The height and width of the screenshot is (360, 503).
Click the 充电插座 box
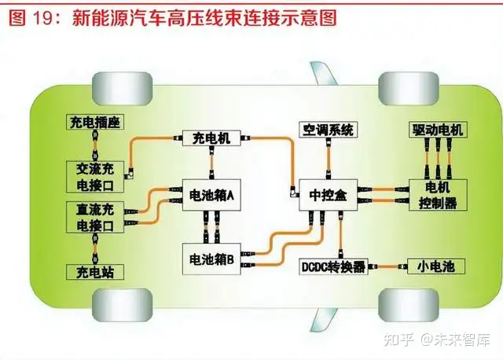pyautogui.click(x=95, y=122)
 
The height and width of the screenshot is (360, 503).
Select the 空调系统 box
pyautogui.click(x=328, y=129)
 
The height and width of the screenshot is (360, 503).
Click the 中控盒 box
pyautogui.click(x=329, y=193)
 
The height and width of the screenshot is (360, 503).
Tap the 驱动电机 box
pyautogui.click(x=437, y=129)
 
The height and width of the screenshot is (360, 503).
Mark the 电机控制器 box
pyautogui.click(x=438, y=195)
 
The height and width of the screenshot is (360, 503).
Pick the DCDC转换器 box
pyautogui.click(x=334, y=266)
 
